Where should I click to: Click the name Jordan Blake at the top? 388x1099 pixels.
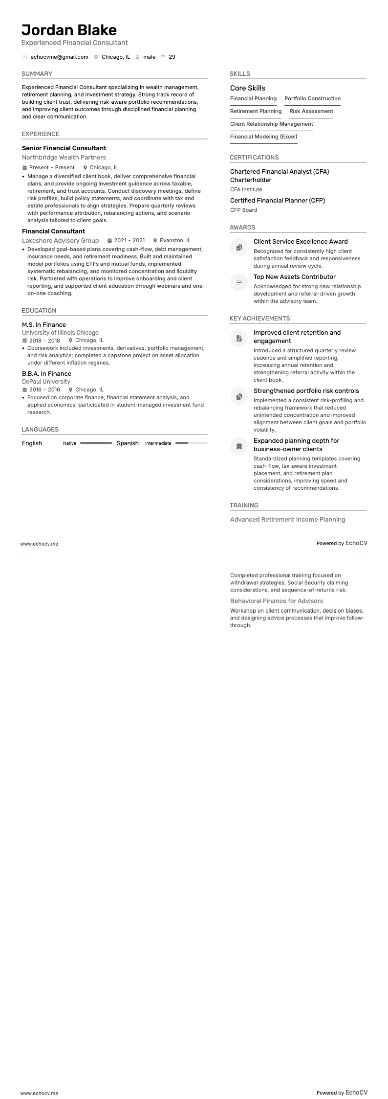[x=69, y=30]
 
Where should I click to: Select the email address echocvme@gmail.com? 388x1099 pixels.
[x=59, y=57]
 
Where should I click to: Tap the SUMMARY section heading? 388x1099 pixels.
[x=37, y=74]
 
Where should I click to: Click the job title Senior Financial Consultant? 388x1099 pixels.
[x=64, y=148]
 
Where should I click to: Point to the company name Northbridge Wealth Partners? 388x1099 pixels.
[x=64, y=158]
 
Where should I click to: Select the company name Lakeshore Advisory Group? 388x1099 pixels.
[x=60, y=241]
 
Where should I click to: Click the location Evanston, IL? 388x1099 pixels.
[x=175, y=241]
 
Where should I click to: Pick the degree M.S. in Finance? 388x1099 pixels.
[x=44, y=325]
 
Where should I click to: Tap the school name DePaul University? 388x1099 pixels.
[x=46, y=382]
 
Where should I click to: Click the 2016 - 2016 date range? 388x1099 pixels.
[x=44, y=390]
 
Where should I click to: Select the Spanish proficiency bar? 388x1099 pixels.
[x=191, y=443]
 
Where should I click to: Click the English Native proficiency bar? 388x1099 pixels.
[x=96, y=443]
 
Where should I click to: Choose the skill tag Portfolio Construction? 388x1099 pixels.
[x=312, y=99]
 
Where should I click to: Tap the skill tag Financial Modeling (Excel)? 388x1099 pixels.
[x=263, y=137]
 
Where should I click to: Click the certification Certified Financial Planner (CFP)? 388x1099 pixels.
[x=277, y=201]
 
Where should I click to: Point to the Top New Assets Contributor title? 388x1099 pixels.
[x=294, y=277]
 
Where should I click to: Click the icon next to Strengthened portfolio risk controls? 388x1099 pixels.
[x=239, y=396]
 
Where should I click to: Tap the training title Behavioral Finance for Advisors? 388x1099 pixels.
[x=277, y=601]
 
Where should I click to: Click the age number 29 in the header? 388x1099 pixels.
[x=172, y=57]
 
